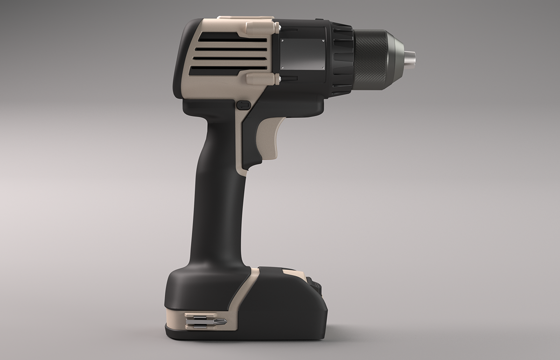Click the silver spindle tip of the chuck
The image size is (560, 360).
click(x=410, y=58)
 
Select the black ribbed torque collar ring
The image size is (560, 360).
click(x=342, y=58)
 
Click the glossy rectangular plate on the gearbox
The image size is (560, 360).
click(x=302, y=54)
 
